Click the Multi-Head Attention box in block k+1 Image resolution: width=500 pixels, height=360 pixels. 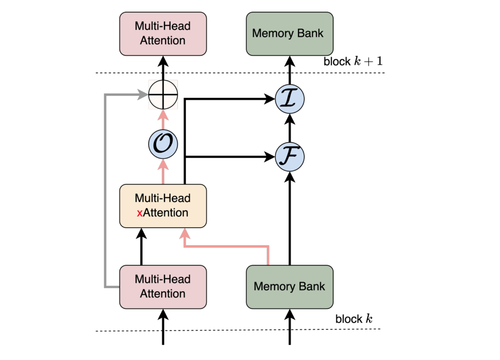(163, 34)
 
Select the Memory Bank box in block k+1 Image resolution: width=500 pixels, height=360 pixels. (289, 34)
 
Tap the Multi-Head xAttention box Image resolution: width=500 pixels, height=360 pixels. (163, 206)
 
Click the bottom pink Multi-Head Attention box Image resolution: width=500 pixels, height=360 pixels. (163, 287)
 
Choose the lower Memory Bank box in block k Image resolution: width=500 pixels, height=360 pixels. (289, 287)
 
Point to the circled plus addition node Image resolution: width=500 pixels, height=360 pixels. (163, 94)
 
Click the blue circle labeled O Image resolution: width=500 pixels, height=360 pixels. (163, 144)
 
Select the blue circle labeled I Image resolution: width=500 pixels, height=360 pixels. (290, 99)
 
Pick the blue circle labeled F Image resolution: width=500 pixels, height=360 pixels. (290, 157)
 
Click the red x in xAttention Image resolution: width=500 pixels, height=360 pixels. (140, 213)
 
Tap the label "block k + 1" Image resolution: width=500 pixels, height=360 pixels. (353, 61)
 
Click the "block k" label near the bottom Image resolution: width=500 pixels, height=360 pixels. (354, 319)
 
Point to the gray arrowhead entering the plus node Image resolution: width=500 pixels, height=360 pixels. (143, 94)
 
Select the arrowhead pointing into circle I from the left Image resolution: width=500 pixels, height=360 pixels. (270, 99)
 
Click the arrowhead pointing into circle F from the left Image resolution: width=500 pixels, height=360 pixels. (270, 157)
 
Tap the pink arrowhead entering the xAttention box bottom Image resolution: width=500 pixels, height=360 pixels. (185, 233)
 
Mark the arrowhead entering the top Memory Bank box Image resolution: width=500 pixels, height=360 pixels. (290, 61)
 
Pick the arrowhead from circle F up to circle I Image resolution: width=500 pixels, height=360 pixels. (290, 119)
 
